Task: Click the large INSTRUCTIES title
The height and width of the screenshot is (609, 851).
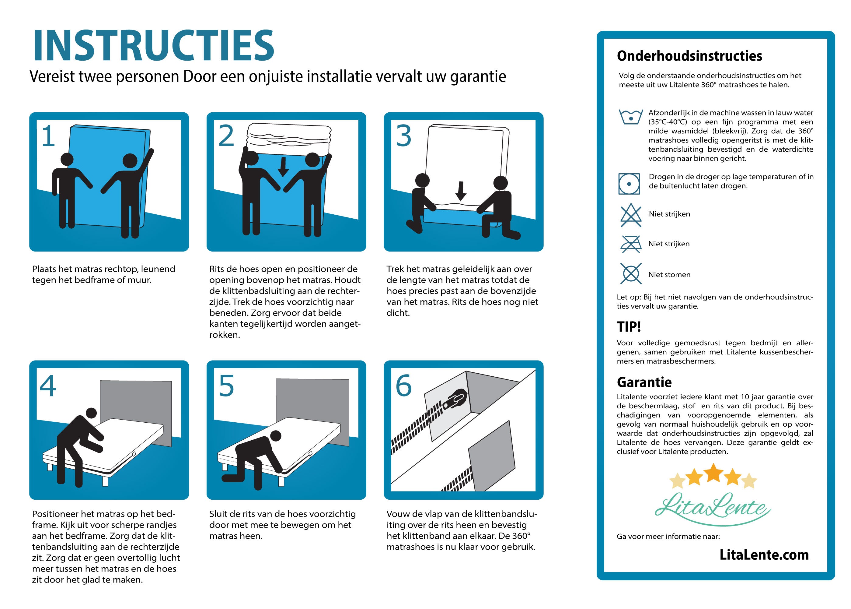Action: point(154,46)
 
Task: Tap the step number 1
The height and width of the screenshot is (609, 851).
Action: point(48,136)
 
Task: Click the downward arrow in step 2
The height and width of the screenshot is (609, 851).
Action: point(283,167)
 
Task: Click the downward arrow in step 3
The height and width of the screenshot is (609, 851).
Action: point(461,191)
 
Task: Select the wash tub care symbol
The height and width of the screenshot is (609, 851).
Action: point(631,117)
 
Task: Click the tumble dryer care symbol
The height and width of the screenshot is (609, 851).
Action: point(629,184)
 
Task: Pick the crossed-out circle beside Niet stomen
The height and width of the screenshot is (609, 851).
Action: point(631,274)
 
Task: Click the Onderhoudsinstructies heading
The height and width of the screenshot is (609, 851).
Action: point(689,56)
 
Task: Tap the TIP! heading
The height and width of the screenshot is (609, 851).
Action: point(629,327)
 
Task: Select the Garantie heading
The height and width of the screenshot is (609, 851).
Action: point(644,382)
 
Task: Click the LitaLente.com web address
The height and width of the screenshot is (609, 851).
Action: point(764,554)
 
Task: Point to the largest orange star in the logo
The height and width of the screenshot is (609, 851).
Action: point(713,473)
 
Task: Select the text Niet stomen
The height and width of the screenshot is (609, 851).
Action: point(669,274)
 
